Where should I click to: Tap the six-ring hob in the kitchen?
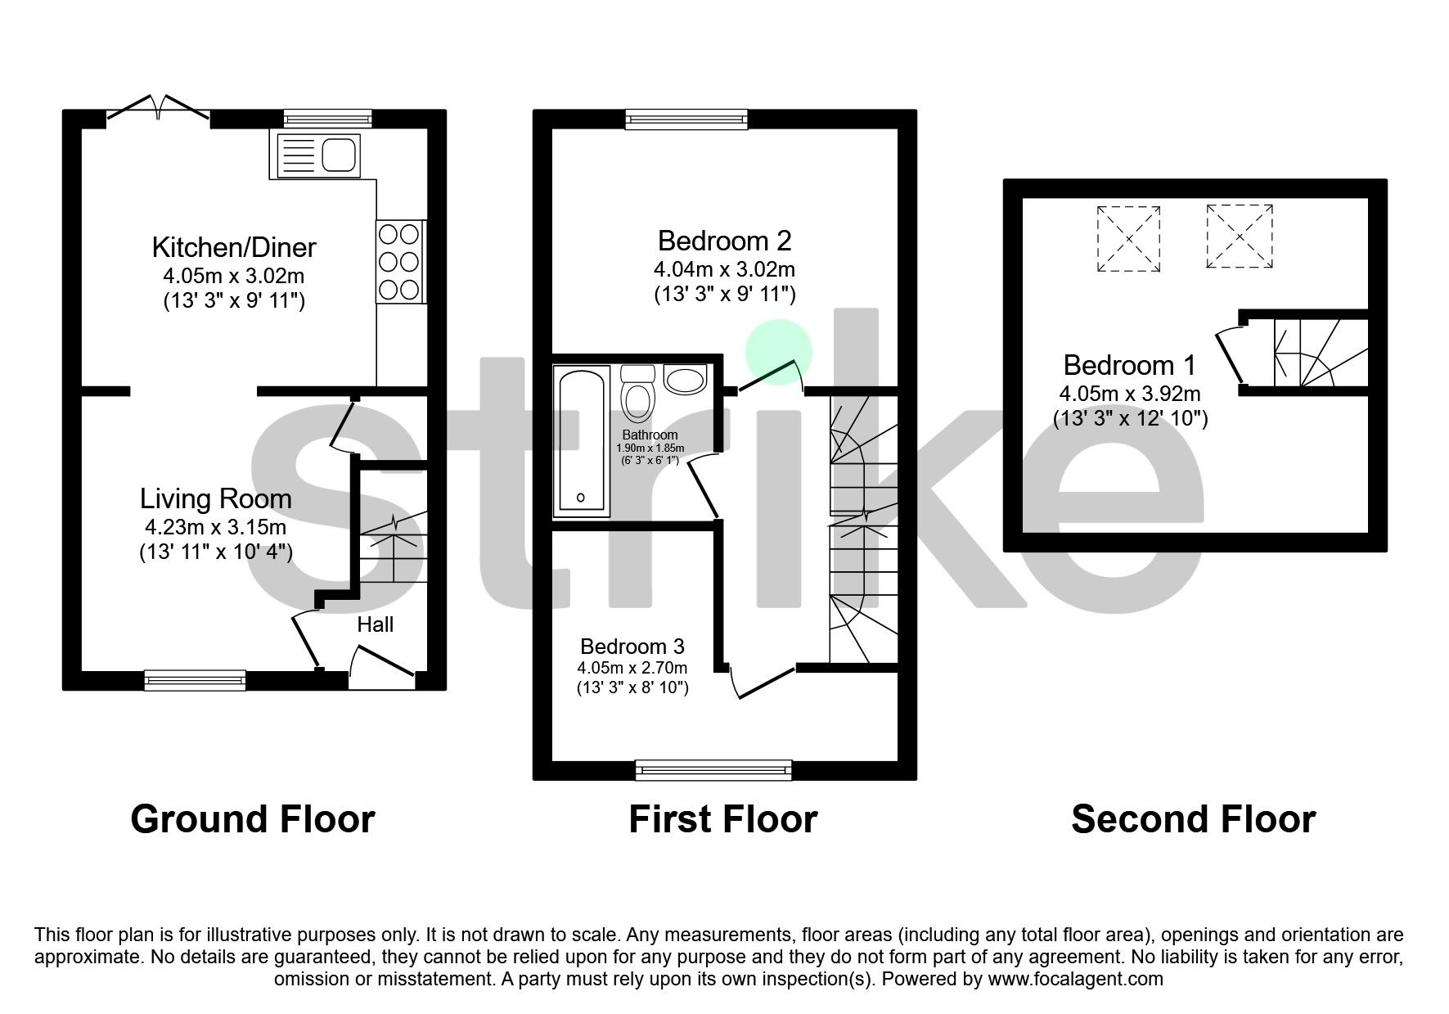(400, 262)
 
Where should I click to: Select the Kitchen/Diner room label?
(234, 247)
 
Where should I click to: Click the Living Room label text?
(215, 498)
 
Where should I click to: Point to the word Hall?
(375, 624)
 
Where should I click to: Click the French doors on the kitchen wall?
(158, 111)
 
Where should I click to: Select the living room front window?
(195, 678)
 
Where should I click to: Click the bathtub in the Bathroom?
(582, 442)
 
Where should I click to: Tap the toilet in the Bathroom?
(637, 394)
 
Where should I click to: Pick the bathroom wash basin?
(685, 380)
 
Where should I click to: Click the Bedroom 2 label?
(724, 241)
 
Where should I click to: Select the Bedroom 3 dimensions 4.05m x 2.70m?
(632, 668)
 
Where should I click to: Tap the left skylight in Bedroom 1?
(1128, 238)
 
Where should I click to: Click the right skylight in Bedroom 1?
(1240, 237)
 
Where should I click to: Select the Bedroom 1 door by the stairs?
(1229, 355)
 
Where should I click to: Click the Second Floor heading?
(1193, 819)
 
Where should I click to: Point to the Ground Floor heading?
(252, 819)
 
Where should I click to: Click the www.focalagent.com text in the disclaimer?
(1075, 979)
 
